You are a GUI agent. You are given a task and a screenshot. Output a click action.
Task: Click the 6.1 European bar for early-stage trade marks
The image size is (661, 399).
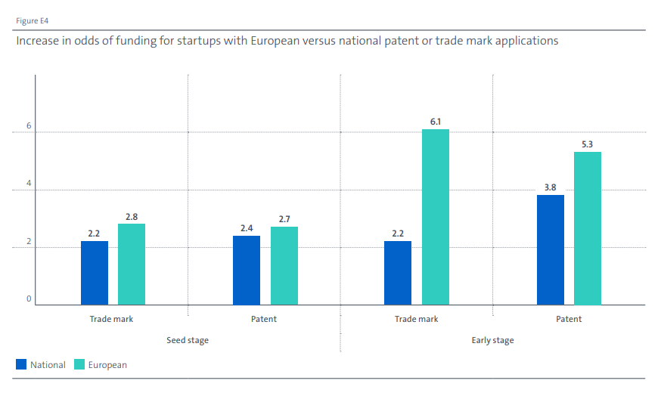tap(436, 217)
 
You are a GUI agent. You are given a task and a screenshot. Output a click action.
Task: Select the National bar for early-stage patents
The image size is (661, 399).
tap(550, 250)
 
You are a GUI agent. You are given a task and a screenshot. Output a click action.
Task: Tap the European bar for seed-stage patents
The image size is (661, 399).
tap(284, 266)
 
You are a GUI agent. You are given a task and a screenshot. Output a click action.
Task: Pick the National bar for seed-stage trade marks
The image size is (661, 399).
tap(95, 273)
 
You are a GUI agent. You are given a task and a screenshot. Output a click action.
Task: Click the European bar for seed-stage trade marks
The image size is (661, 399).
tap(132, 264)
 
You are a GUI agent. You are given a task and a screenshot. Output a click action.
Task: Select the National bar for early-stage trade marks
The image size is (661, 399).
tap(398, 273)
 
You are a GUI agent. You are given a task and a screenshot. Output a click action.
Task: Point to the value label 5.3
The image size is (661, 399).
tap(588, 144)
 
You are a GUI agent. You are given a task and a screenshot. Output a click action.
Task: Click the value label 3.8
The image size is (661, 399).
tap(550, 187)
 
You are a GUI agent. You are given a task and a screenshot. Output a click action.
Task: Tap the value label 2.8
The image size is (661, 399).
tap(132, 216)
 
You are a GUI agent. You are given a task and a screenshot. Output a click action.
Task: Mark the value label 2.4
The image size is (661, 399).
tap(247, 227)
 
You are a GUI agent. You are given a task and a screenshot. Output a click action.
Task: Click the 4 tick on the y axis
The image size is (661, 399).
tap(29, 185)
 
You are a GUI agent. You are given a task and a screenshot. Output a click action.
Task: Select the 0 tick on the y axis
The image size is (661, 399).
tap(29, 299)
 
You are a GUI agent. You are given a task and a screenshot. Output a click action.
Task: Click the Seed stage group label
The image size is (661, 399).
tap(188, 340)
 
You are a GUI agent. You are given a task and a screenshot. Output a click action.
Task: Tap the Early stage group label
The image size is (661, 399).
tap(492, 340)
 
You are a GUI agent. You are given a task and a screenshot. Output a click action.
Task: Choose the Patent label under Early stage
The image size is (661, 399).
tap(569, 319)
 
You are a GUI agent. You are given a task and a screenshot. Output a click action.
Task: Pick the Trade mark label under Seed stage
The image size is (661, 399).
tap(111, 319)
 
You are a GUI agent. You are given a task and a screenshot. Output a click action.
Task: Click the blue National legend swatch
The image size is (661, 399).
tap(21, 365)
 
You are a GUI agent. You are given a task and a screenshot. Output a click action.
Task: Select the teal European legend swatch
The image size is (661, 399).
tap(79, 365)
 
